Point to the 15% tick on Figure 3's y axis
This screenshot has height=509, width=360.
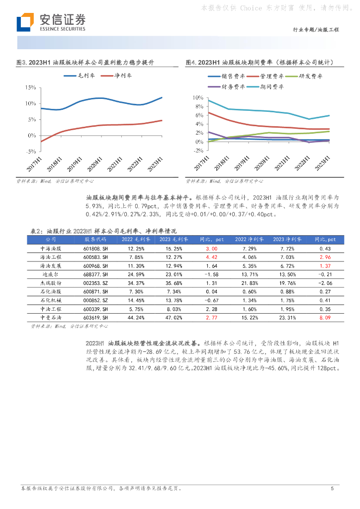click(x=30, y=87)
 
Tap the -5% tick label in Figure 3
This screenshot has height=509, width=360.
click(x=30, y=152)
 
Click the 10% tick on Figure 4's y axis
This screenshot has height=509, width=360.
click(x=197, y=97)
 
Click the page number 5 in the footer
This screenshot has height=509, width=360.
click(x=332, y=489)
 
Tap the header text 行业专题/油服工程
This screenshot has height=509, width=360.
click(x=316, y=30)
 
